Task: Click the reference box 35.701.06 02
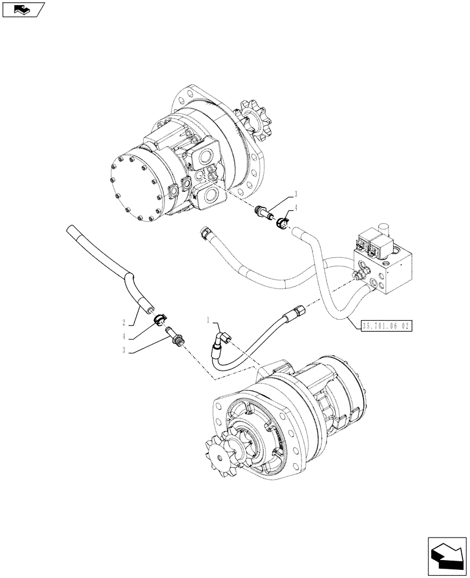click(385, 326)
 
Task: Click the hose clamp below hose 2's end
click(160, 317)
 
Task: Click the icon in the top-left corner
click(23, 9)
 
